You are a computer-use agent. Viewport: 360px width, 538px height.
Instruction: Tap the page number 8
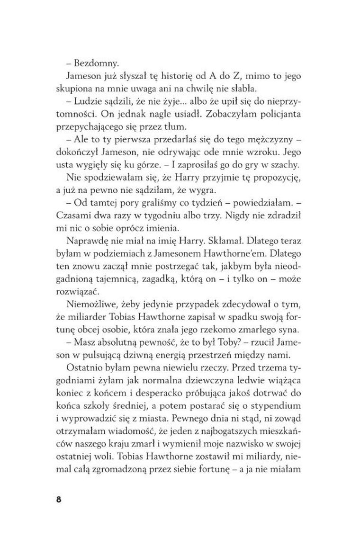coord(58,500)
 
